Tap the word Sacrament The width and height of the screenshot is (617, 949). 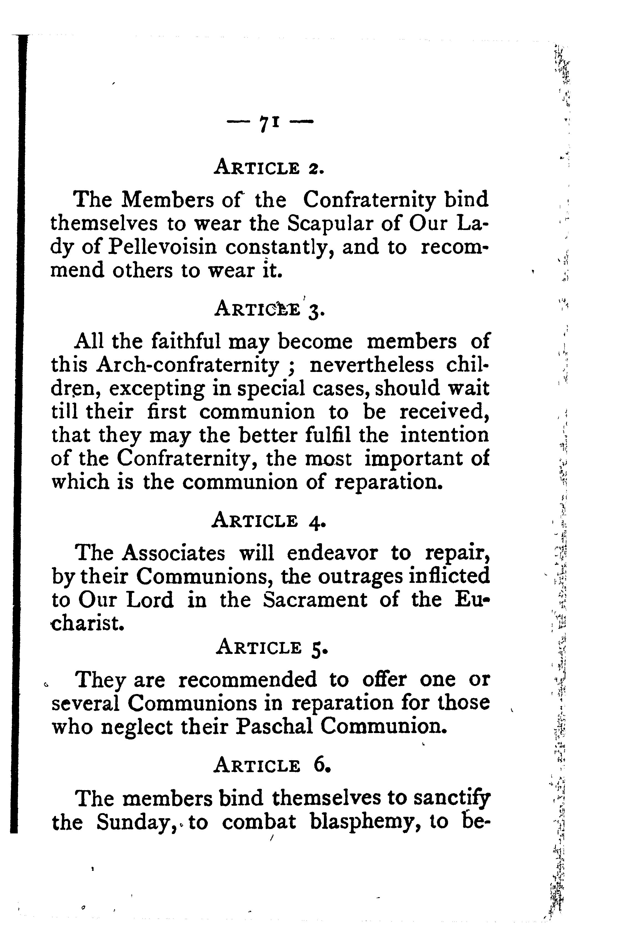coord(315,600)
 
